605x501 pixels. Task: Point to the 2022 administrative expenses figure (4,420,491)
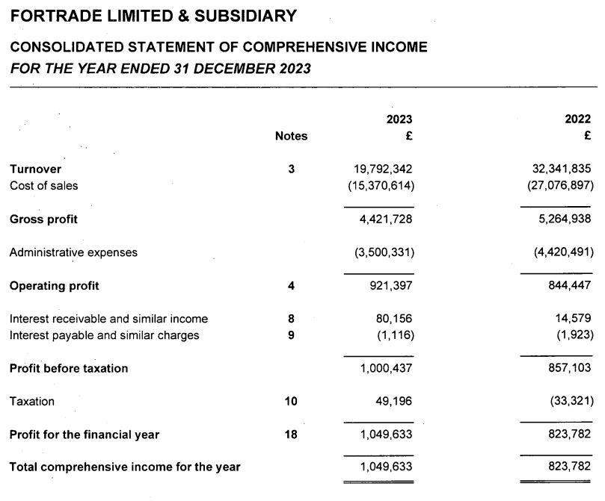point(562,252)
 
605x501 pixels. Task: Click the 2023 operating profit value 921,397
point(389,286)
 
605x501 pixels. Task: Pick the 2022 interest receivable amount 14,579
point(574,319)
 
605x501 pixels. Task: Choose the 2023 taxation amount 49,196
point(393,401)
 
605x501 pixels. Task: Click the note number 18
point(291,435)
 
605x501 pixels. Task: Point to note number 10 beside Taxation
point(291,401)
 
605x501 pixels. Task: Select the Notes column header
point(291,136)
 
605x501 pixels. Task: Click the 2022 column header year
point(578,119)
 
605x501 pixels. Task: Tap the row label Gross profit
point(43,220)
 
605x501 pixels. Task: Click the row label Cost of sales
point(43,185)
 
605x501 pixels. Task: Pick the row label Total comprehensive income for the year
point(125,467)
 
